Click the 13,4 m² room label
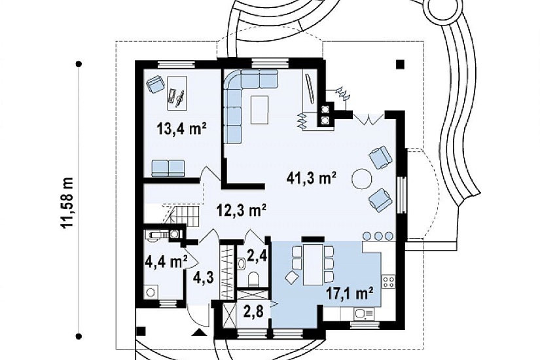(x=181, y=130)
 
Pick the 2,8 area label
(x=254, y=311)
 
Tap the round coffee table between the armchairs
(x=361, y=179)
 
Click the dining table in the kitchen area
(x=313, y=264)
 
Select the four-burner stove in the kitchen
(x=388, y=282)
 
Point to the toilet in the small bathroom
(x=254, y=279)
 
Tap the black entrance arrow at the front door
(x=200, y=332)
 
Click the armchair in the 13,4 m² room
(x=155, y=84)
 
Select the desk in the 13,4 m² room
(x=177, y=94)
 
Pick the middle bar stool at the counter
(x=378, y=236)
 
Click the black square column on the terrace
(x=400, y=64)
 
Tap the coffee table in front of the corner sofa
(x=260, y=110)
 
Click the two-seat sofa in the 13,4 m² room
(x=168, y=168)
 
